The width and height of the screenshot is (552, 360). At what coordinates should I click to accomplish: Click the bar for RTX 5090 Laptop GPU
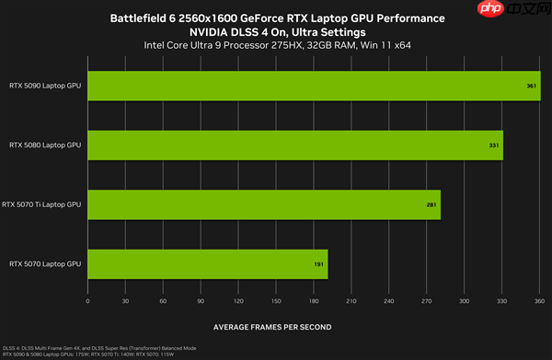[313, 87]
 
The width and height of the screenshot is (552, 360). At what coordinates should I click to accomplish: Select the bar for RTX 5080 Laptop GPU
[294, 145]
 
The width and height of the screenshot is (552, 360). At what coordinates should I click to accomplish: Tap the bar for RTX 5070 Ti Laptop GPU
[263, 204]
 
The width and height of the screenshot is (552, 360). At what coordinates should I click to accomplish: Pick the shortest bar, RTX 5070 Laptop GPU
[207, 263]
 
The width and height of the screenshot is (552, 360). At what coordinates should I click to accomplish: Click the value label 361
[532, 87]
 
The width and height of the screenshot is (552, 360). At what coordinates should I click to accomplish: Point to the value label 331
[494, 145]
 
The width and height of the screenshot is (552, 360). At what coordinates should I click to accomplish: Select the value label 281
[431, 204]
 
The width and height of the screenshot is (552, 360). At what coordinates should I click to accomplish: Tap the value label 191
[317, 264]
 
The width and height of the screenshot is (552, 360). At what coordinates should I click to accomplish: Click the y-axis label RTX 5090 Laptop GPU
[45, 87]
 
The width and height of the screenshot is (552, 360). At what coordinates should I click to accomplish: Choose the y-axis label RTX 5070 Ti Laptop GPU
[41, 204]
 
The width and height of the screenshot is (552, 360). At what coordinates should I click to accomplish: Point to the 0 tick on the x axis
[87, 300]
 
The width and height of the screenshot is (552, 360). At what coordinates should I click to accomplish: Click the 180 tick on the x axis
[314, 300]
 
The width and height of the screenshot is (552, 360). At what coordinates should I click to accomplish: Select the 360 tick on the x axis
[539, 300]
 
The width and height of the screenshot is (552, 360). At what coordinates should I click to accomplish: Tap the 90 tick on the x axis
[201, 300]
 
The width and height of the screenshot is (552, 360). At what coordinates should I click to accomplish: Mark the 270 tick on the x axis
[426, 300]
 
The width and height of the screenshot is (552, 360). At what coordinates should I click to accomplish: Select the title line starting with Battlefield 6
[277, 18]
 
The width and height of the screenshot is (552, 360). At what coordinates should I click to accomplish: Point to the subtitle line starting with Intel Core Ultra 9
[277, 45]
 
